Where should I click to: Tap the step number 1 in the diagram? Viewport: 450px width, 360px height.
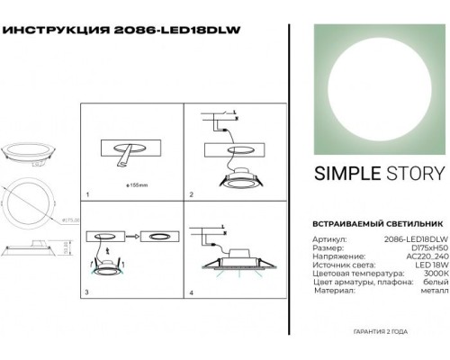click(x=88, y=194)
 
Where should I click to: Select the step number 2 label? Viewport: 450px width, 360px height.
click(x=191, y=194)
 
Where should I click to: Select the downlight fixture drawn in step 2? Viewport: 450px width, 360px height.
click(x=238, y=182)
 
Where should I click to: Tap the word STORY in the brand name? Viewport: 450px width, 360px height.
click(x=414, y=175)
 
